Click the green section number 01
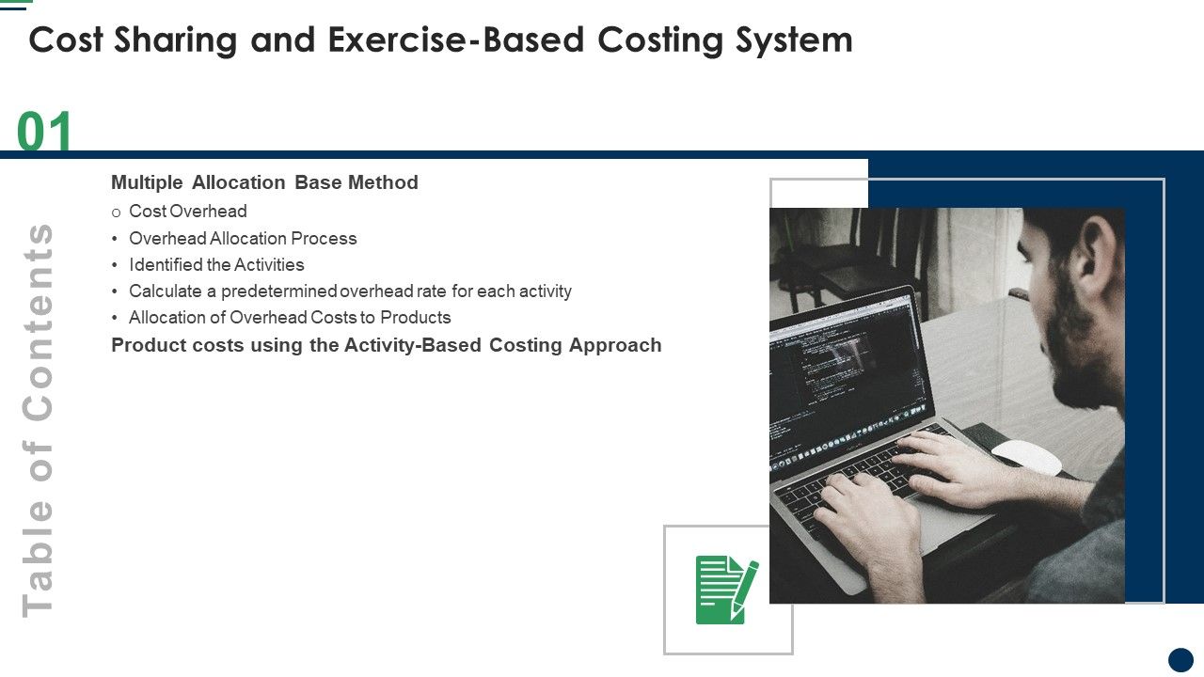pos(45,132)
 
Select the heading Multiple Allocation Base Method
pos(264,182)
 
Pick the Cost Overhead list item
pos(188,212)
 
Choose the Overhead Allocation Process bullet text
pos(243,239)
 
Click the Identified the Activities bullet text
pos(216,265)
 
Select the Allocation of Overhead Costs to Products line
pos(290,318)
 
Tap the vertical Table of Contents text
pos(39,419)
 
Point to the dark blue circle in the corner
pos(1180,659)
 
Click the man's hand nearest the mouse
pos(950,461)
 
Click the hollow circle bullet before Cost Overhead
pos(117,213)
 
